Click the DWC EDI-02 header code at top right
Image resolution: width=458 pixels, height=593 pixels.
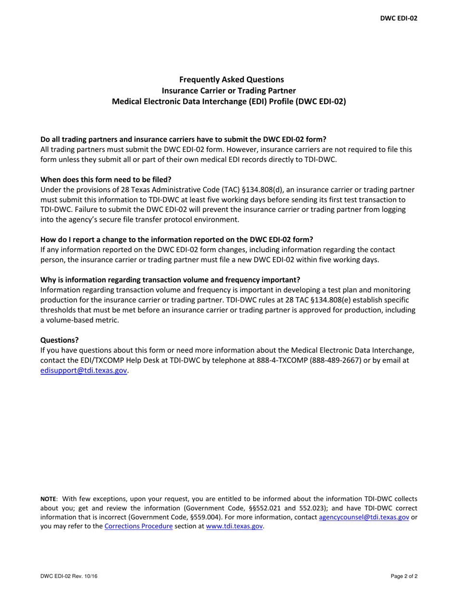(x=399, y=18)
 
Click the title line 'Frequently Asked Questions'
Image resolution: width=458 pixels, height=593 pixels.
(x=229, y=79)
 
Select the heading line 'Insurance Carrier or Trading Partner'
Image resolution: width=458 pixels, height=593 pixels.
(x=229, y=90)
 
